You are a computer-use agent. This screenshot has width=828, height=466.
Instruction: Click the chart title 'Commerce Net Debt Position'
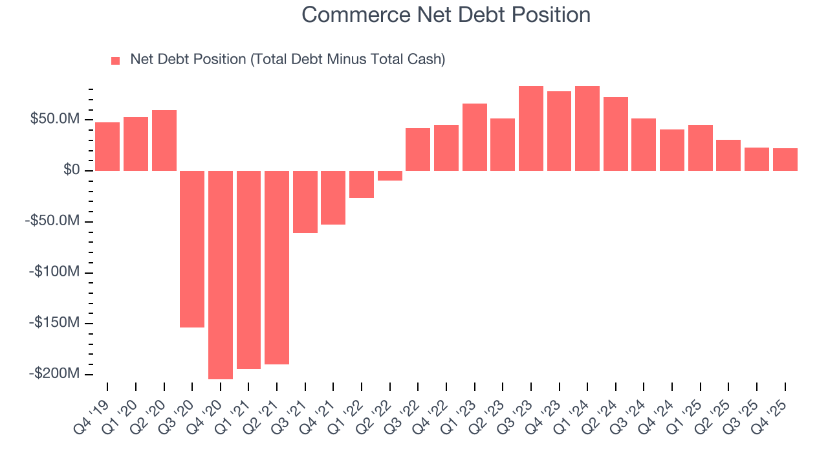tap(446, 15)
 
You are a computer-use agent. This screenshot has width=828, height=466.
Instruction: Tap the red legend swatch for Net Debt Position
tap(116, 60)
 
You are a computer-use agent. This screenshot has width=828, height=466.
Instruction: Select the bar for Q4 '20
tap(221, 274)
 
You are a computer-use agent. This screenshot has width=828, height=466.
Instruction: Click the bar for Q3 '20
tap(192, 249)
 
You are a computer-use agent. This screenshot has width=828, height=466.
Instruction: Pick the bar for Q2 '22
tap(390, 175)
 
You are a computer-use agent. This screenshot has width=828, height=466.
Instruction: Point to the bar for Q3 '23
tap(531, 128)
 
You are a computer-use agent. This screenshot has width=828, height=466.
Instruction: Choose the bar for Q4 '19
tap(107, 146)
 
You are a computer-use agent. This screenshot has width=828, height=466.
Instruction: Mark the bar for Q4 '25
tap(785, 159)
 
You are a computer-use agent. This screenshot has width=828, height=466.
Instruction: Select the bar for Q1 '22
tap(362, 184)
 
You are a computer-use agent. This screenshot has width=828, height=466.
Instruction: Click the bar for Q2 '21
tap(277, 267)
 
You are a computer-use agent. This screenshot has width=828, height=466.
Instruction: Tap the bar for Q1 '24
tap(587, 128)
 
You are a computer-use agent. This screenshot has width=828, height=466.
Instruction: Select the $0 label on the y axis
tap(71, 170)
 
